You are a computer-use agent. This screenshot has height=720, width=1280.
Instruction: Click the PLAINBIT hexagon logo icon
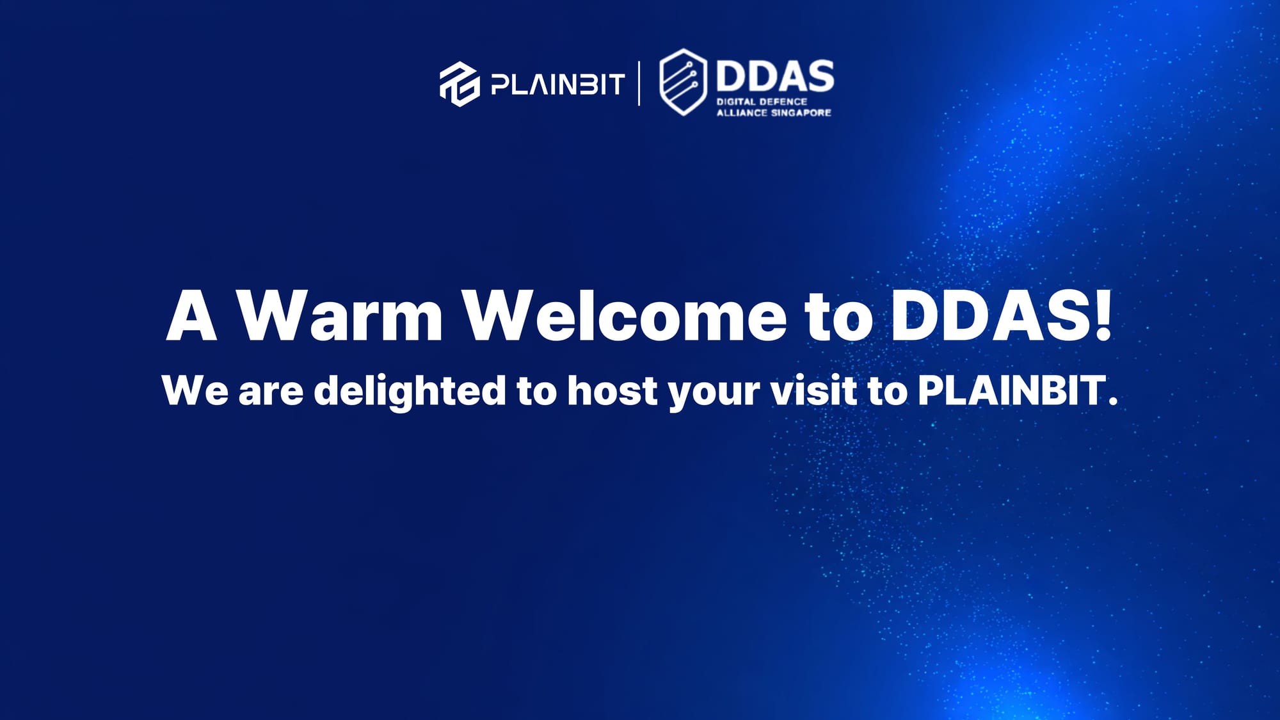click(x=460, y=84)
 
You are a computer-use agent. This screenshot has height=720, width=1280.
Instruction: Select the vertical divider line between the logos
click(x=639, y=83)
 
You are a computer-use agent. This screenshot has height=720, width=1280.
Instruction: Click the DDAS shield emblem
click(x=684, y=82)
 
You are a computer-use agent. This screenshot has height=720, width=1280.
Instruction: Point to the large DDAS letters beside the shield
click(x=775, y=76)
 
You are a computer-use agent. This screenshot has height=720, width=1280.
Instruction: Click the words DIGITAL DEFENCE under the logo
click(x=762, y=101)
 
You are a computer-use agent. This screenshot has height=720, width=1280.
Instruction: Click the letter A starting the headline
click(x=191, y=316)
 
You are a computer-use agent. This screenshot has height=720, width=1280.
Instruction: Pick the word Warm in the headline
click(x=340, y=316)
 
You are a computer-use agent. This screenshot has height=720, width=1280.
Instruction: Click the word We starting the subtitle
click(x=195, y=390)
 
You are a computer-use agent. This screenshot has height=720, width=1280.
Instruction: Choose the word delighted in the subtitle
click(x=410, y=391)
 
